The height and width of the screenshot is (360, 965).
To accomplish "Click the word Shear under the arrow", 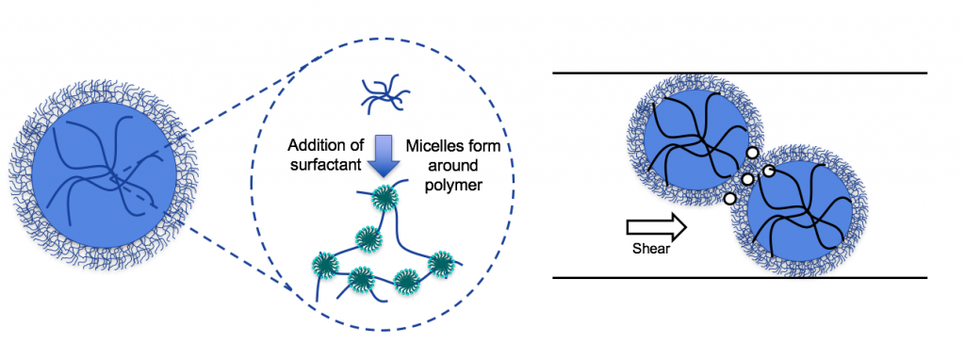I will [650, 249].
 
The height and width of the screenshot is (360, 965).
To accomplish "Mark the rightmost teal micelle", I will [439, 264].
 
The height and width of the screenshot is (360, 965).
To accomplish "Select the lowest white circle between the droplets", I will [729, 199].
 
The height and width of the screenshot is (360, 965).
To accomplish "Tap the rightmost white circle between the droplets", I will [769, 171].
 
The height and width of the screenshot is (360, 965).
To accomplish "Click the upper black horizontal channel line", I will [740, 73].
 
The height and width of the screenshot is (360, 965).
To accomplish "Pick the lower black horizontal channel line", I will [740, 278].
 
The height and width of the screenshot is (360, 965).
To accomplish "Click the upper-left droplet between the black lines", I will [688, 141].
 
